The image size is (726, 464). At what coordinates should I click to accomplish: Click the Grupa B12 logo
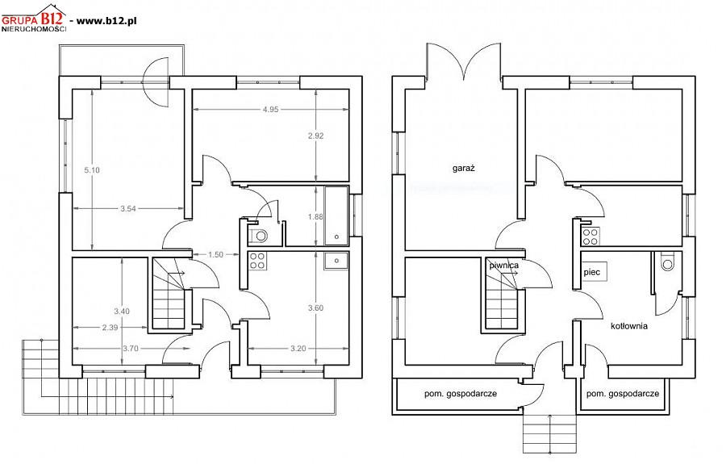click(34, 18)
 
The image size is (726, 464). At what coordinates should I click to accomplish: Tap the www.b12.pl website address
click(106, 20)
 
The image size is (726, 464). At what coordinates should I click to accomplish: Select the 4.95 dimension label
click(270, 110)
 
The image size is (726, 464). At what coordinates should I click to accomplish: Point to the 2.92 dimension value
click(315, 136)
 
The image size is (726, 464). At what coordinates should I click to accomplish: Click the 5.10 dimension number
click(92, 170)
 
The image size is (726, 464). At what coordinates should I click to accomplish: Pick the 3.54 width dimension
click(127, 209)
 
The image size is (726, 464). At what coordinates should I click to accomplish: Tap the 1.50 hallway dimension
click(215, 255)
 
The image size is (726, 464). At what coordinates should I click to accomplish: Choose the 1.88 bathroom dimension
click(315, 217)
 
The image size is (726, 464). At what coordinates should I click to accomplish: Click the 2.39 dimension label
click(111, 328)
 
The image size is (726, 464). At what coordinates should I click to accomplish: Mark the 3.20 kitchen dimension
click(298, 349)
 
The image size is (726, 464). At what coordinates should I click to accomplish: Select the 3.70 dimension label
click(131, 349)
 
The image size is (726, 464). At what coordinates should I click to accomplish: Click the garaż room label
click(464, 168)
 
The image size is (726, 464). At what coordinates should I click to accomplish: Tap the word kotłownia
click(629, 326)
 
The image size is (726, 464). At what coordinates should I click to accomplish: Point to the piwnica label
click(504, 265)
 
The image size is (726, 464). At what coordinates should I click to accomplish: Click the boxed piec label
click(592, 272)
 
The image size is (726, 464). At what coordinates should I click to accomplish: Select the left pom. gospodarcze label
click(461, 394)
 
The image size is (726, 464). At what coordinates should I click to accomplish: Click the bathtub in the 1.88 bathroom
click(336, 215)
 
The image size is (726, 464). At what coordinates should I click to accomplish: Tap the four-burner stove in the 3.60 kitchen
click(257, 261)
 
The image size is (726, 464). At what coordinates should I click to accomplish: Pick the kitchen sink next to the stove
click(336, 261)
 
